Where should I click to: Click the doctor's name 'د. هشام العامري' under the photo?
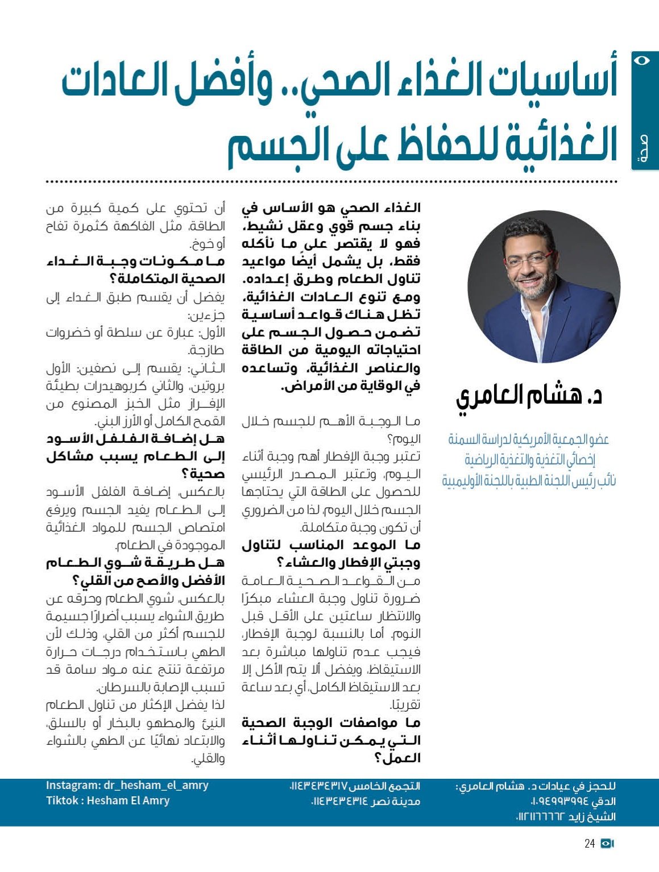[x=529, y=396]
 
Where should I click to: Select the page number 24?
[x=590, y=844]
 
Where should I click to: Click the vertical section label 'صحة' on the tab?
[x=644, y=149]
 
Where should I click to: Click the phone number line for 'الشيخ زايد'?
[x=566, y=817]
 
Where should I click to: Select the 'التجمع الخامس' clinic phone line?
[x=355, y=786]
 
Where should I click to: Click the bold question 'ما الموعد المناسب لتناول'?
[x=331, y=545]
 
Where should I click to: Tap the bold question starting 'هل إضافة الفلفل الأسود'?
[x=136, y=439]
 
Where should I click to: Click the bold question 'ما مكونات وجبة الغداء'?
[x=136, y=261]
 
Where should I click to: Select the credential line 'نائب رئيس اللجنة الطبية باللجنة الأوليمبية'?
[x=529, y=481]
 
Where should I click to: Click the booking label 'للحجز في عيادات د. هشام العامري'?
[x=536, y=786]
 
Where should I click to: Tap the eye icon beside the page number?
[x=607, y=844]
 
